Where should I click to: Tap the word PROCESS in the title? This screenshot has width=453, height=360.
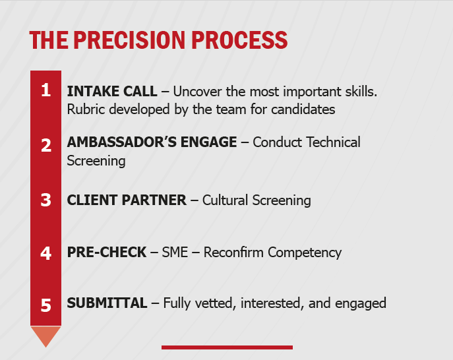(239, 40)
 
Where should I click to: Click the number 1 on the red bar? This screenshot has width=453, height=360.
(45, 91)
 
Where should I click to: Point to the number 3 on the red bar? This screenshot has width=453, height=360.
(45, 200)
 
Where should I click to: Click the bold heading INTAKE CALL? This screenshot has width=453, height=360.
(112, 91)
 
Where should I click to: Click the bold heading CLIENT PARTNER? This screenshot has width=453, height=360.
(127, 200)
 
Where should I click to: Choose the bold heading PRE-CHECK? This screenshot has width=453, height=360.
(107, 252)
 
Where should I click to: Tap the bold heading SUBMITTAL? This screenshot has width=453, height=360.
(107, 303)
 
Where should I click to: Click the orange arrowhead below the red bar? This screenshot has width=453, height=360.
(45, 336)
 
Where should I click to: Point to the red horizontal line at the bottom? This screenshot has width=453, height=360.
(227, 347)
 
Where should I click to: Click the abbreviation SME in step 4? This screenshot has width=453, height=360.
(175, 252)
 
